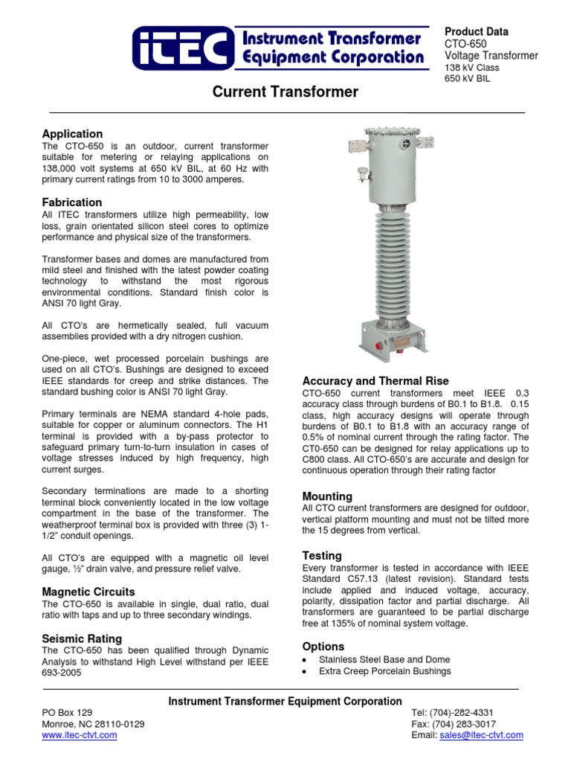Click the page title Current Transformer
point(285,92)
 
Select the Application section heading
point(72,134)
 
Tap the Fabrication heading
point(72,202)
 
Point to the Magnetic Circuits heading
point(88,592)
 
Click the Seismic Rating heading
point(82,638)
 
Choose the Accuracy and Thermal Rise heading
point(375,381)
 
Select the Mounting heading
point(327,496)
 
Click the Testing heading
point(322,555)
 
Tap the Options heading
point(323,646)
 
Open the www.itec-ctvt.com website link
point(80,735)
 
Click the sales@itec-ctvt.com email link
point(481,735)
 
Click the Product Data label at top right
point(476,31)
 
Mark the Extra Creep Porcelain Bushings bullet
point(384,671)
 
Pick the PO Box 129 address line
point(68,713)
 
